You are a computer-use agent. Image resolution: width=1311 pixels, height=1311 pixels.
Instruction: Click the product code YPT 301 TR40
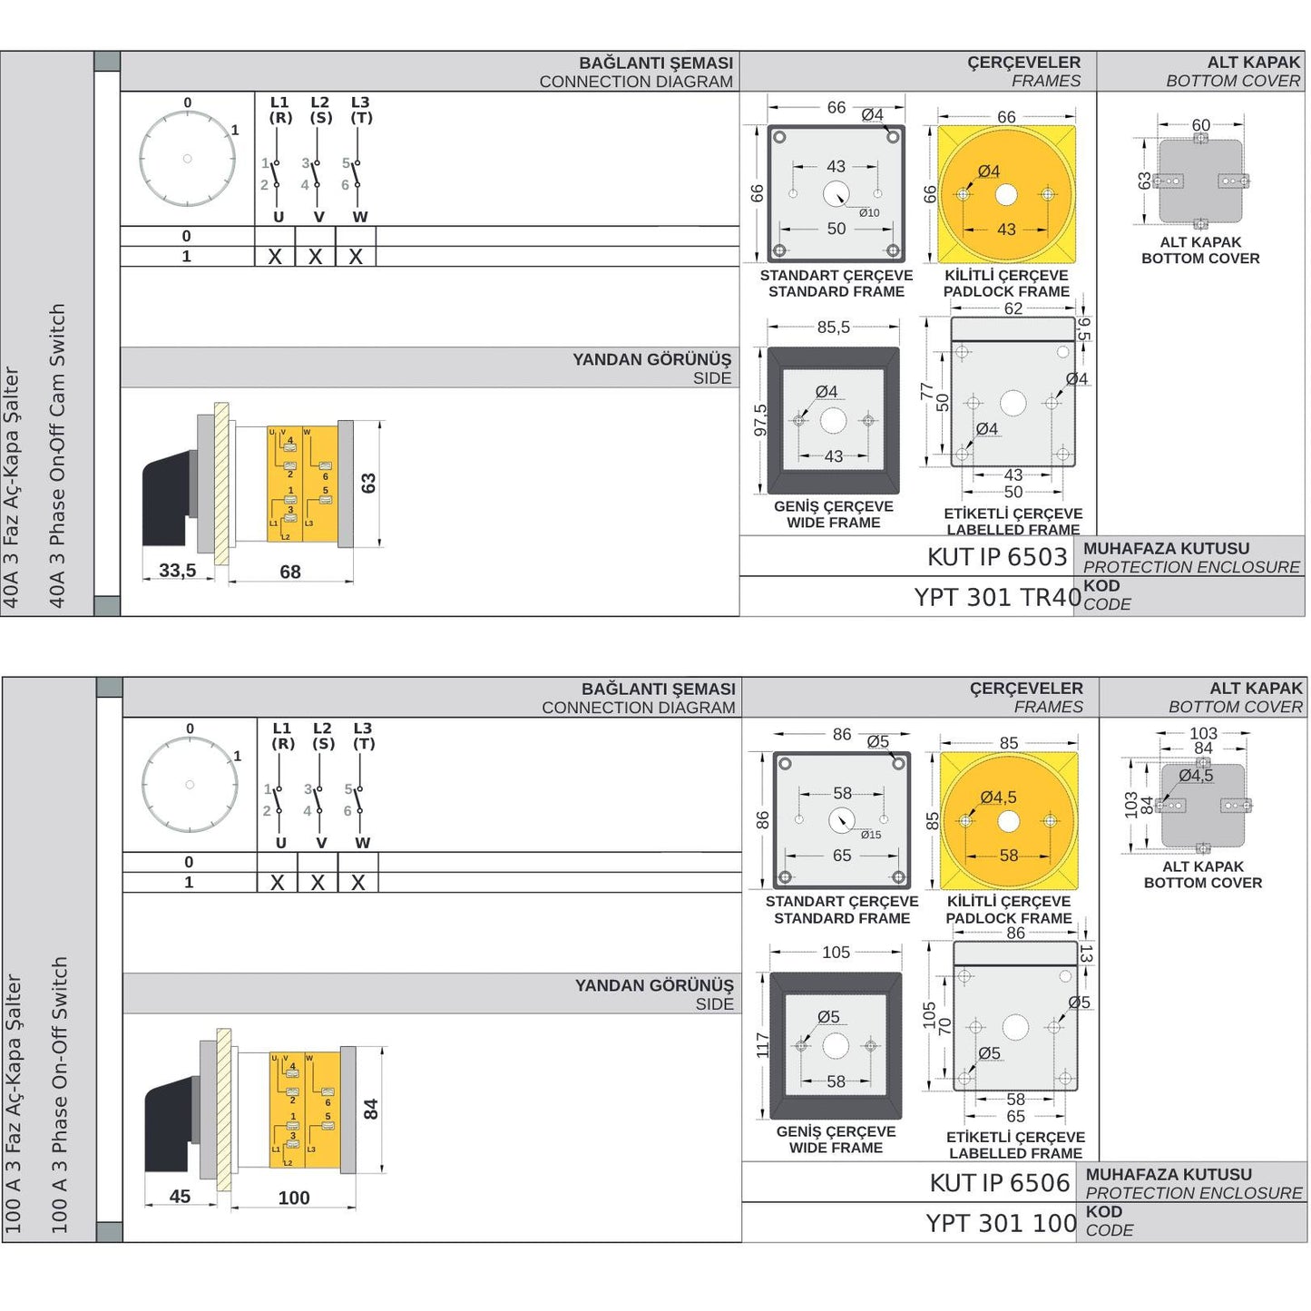tap(997, 597)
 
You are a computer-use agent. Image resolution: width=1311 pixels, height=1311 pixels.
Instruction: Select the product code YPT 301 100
tap(1001, 1223)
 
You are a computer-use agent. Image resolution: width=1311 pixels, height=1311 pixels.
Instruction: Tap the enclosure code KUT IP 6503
tap(997, 557)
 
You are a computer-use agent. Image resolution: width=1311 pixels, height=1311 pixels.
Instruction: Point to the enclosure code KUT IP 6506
tap(1000, 1183)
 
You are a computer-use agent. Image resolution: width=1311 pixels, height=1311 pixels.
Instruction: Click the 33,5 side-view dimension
tap(177, 571)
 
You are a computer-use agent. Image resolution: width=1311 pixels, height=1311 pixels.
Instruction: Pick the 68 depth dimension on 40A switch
tap(290, 572)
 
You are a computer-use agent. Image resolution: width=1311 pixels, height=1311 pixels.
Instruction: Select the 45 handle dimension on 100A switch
tap(180, 1197)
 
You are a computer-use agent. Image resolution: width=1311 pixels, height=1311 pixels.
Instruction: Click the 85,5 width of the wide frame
tap(833, 328)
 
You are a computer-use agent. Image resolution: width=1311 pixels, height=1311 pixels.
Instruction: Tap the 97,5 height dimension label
tap(760, 420)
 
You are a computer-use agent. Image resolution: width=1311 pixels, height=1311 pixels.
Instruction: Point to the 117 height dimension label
tap(762, 1045)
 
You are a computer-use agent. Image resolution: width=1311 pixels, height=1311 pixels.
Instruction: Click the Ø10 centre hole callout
tap(868, 213)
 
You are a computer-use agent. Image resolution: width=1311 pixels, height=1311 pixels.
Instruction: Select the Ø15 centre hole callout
tap(870, 835)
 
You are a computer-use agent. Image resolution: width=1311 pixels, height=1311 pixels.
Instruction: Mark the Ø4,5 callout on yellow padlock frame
tap(998, 797)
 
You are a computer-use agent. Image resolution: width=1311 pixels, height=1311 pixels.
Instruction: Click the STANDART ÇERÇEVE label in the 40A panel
tap(836, 275)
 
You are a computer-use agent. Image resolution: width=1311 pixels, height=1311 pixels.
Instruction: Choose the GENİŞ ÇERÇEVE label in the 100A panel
tap(836, 1131)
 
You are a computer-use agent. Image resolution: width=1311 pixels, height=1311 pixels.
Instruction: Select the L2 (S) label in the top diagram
tap(320, 110)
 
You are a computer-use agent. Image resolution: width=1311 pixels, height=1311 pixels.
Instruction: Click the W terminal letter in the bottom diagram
tap(363, 843)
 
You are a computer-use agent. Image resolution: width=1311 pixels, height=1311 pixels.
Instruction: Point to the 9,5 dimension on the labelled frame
tap(1083, 328)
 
